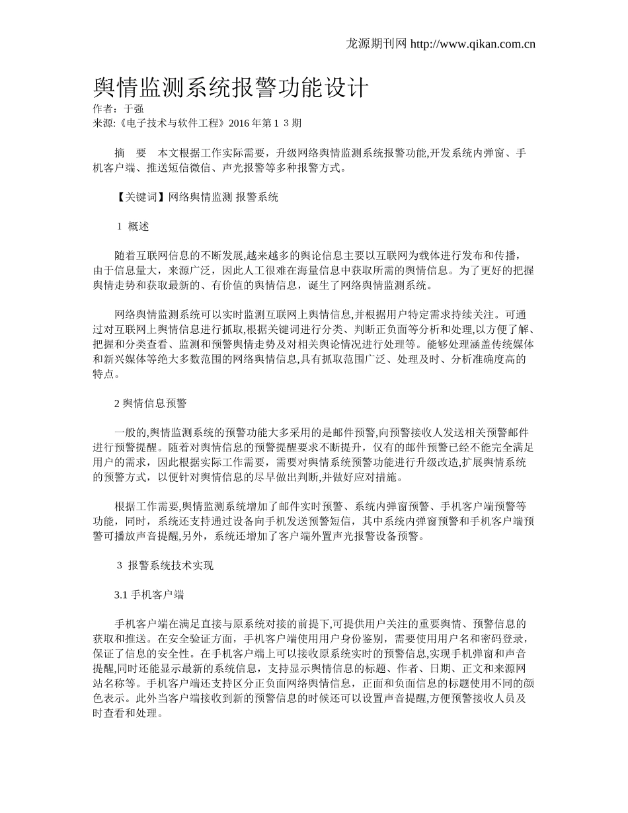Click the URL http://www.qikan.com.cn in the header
(473, 44)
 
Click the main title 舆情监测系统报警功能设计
(231, 87)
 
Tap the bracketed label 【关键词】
(141, 197)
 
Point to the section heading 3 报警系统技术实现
(165, 566)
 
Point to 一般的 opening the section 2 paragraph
(130, 432)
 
